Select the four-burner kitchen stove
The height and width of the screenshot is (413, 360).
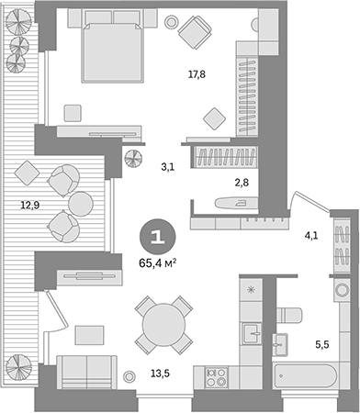click(217, 375)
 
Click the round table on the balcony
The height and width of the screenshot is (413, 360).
click(82, 202)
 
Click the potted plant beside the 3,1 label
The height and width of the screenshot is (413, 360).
click(134, 158)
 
